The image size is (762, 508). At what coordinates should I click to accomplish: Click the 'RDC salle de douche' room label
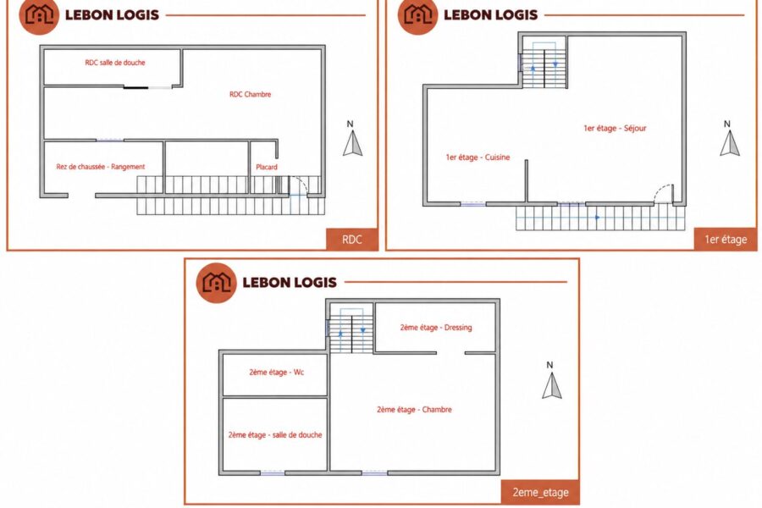[x=114, y=62]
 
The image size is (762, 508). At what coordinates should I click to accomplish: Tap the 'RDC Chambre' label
[x=251, y=94]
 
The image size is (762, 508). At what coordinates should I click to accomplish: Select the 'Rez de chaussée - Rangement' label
[x=101, y=167]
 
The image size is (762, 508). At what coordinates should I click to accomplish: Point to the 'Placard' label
[x=267, y=167]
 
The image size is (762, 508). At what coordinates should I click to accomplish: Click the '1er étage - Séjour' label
[x=615, y=129]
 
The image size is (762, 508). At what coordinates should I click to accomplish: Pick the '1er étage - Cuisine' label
[x=478, y=157]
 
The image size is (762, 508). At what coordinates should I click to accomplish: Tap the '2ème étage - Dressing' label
[x=436, y=328]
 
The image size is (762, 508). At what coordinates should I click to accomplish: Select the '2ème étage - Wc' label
[x=277, y=373]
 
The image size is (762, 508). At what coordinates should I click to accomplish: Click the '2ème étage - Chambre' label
[x=414, y=410]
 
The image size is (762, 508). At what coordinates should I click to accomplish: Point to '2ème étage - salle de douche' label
[x=275, y=435]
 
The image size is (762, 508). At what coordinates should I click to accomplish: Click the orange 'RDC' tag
[x=352, y=239]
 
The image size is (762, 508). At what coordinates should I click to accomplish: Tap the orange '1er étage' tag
[x=726, y=239]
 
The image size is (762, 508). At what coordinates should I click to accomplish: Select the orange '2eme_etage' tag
[x=540, y=493]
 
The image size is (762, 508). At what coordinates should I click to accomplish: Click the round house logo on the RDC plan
[x=39, y=15]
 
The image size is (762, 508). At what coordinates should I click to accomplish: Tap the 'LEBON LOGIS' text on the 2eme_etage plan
[x=290, y=283]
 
